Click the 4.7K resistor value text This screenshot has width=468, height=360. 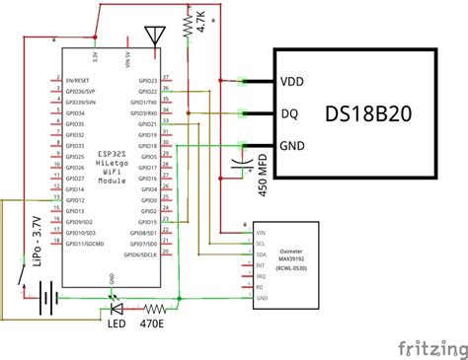click(201, 23)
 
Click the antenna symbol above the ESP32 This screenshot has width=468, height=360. click(153, 36)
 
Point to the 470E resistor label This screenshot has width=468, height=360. click(152, 322)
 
